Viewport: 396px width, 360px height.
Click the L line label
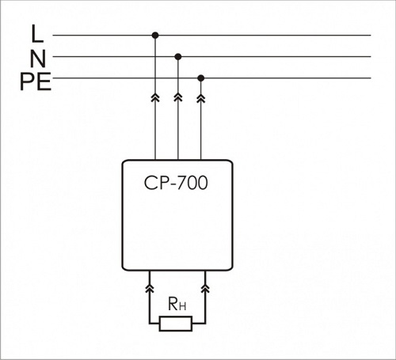coord(37,33)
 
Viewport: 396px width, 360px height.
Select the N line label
coord(38,59)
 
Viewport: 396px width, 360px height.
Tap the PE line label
coord(36,81)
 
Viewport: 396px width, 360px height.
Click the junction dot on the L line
coord(155,35)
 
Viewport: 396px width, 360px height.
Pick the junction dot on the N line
coord(178,56)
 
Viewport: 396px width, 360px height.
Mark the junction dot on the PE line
coord(201,78)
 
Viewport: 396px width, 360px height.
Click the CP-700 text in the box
coord(176,183)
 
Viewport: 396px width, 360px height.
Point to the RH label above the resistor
coord(177,304)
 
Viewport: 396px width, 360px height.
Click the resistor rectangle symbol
coord(176,324)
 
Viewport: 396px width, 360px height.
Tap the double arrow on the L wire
coord(155,97)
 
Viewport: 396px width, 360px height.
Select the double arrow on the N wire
coord(178,97)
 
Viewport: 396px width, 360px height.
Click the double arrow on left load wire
coord(150,289)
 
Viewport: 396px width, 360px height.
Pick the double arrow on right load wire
coord(205,289)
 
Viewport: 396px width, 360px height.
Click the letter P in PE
coord(28,81)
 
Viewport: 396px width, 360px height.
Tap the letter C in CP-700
coord(150,183)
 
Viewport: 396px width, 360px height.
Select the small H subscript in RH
coord(182,306)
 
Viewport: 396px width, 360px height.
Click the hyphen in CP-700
coord(173,184)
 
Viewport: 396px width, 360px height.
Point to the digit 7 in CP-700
coord(181,183)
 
